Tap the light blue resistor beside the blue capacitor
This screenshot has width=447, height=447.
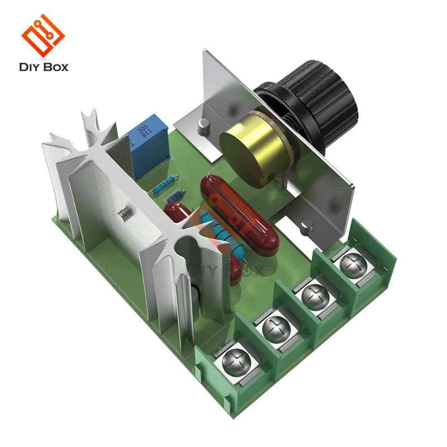164,185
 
